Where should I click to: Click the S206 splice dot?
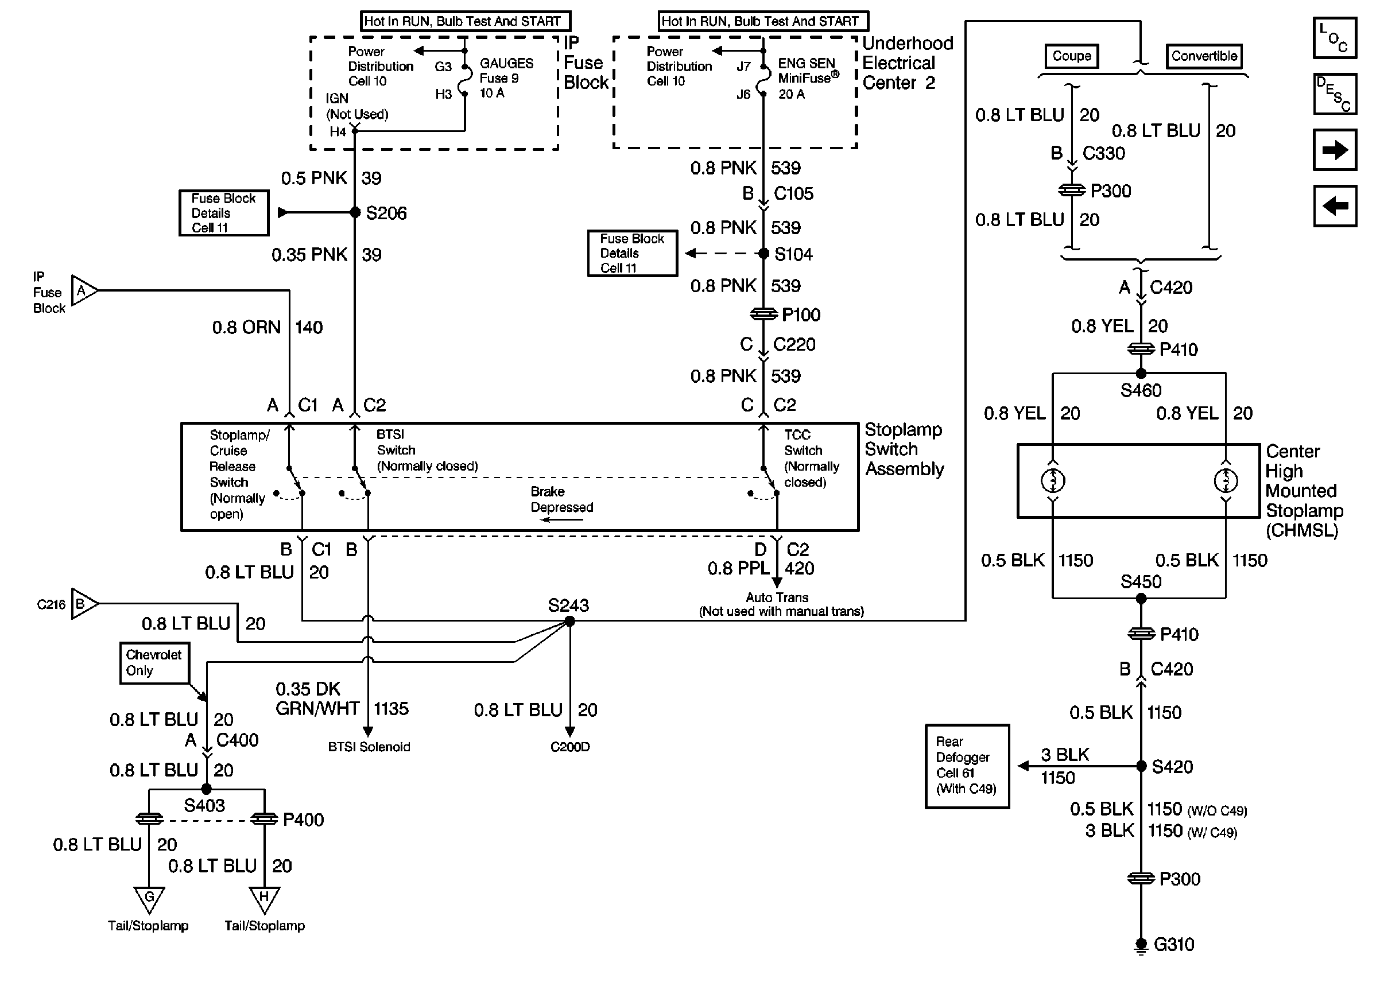coord(355,212)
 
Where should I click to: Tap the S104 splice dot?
coord(764,253)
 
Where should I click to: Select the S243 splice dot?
coord(569,620)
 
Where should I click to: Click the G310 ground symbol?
coord(1141,945)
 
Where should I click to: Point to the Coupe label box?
coord(1072,56)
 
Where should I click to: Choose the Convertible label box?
coord(1204,56)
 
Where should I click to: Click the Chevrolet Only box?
coord(154,663)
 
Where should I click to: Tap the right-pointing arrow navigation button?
coord(1335,150)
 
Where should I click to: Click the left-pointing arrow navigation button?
coord(1335,207)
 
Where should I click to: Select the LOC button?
coord(1335,38)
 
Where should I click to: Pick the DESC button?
coord(1335,94)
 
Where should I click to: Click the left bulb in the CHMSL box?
coord(1053,481)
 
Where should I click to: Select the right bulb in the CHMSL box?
coord(1225,481)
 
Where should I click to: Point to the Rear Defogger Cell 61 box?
coord(967,766)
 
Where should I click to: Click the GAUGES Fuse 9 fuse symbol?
coord(465,80)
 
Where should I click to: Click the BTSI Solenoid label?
coord(369,747)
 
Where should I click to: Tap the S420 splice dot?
coord(1141,766)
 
